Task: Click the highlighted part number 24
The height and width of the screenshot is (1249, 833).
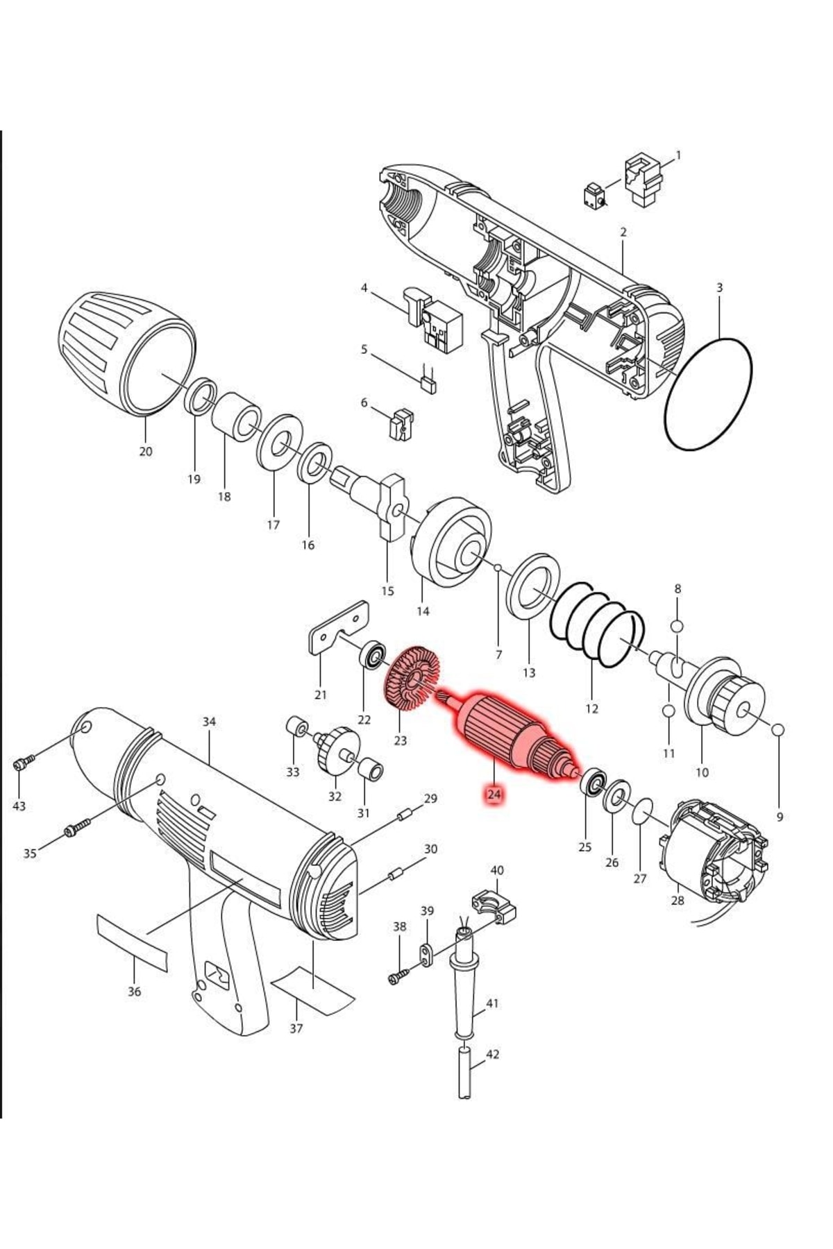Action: click(x=494, y=794)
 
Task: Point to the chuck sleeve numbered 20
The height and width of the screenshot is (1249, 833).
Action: click(x=126, y=354)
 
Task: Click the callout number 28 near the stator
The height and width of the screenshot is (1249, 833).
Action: click(x=678, y=901)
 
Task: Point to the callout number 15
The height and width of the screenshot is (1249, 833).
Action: click(x=387, y=590)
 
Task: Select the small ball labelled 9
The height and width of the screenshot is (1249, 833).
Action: click(x=777, y=729)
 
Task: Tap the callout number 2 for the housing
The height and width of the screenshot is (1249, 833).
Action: click(x=623, y=232)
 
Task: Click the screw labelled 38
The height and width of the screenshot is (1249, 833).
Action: click(x=397, y=977)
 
